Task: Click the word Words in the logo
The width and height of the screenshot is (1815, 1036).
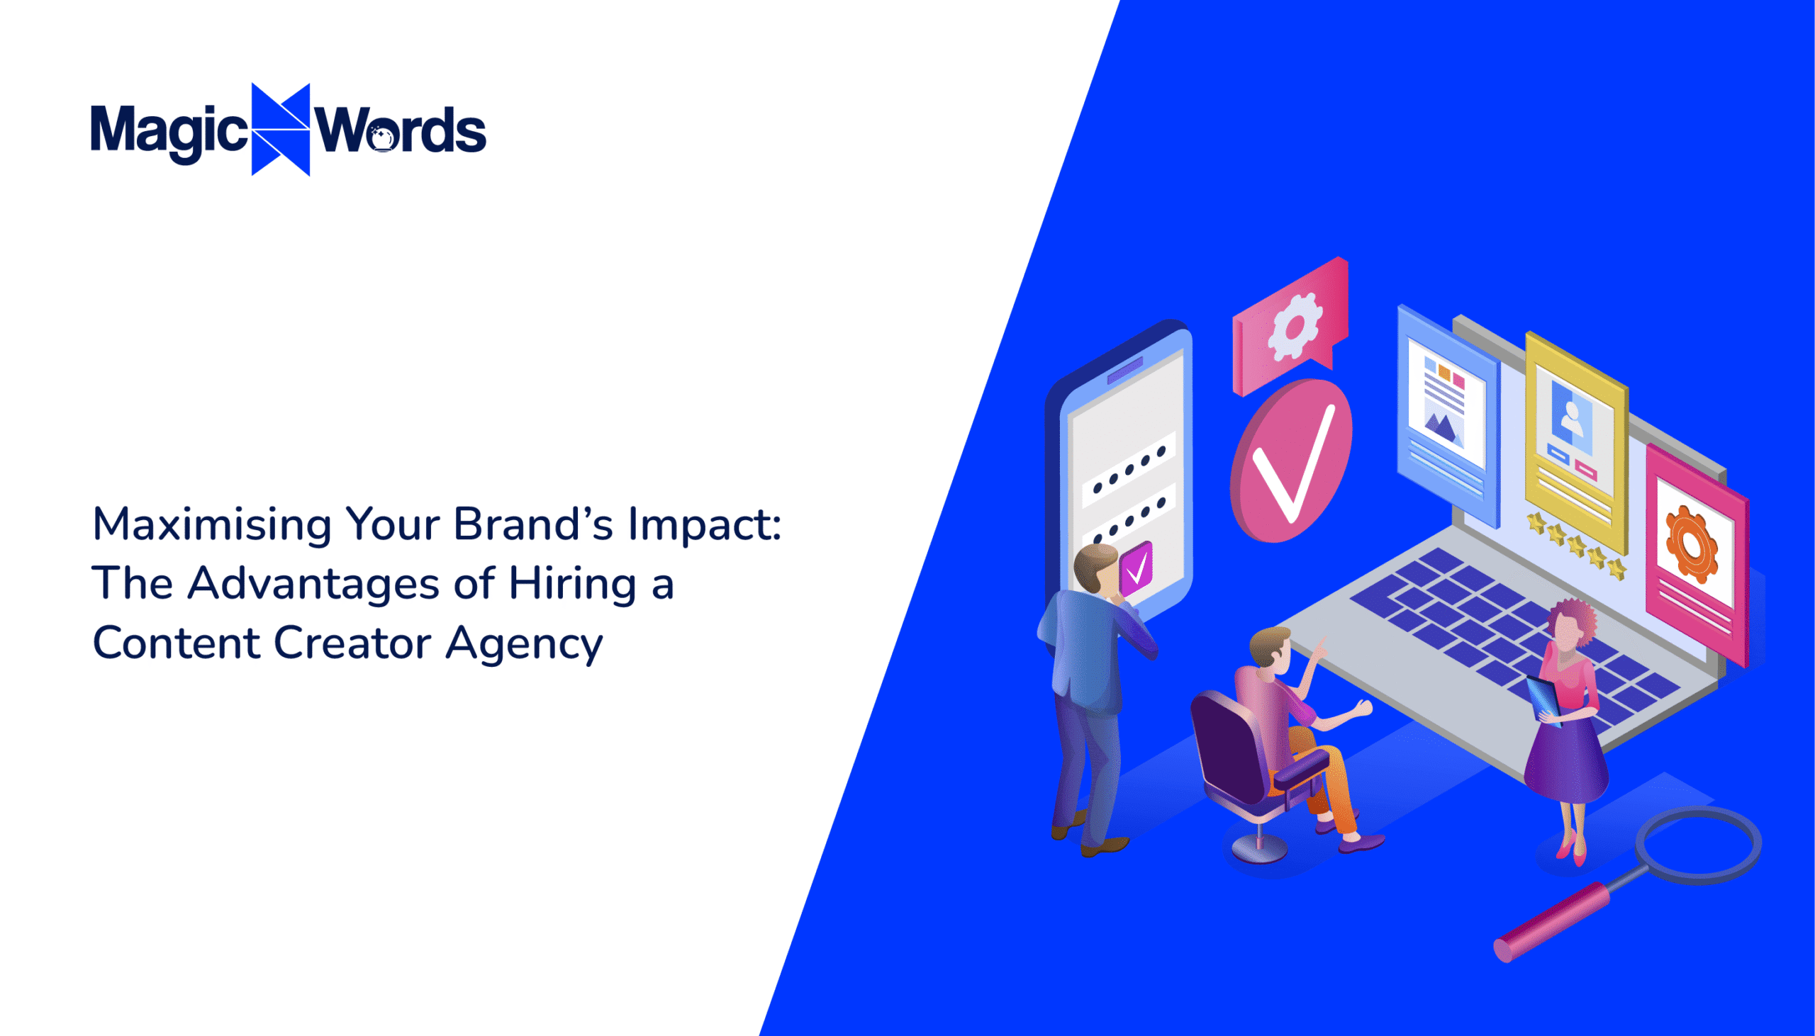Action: [401, 131]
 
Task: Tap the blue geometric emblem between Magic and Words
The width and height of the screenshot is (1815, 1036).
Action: [281, 130]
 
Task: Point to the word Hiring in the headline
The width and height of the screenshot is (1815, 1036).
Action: [571, 584]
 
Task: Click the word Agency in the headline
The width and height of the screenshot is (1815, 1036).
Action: [524, 645]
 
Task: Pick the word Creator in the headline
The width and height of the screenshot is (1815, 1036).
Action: [352, 643]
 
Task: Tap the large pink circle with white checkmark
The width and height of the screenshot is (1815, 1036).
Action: [1290, 461]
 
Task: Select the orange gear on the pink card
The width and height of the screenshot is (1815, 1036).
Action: [1691, 544]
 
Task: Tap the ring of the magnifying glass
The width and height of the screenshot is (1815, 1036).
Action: [1698, 845]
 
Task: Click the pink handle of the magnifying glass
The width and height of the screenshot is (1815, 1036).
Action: [1552, 921]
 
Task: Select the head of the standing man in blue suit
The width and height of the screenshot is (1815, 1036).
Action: [1094, 567]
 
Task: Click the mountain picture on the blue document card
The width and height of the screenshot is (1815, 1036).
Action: [1442, 427]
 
